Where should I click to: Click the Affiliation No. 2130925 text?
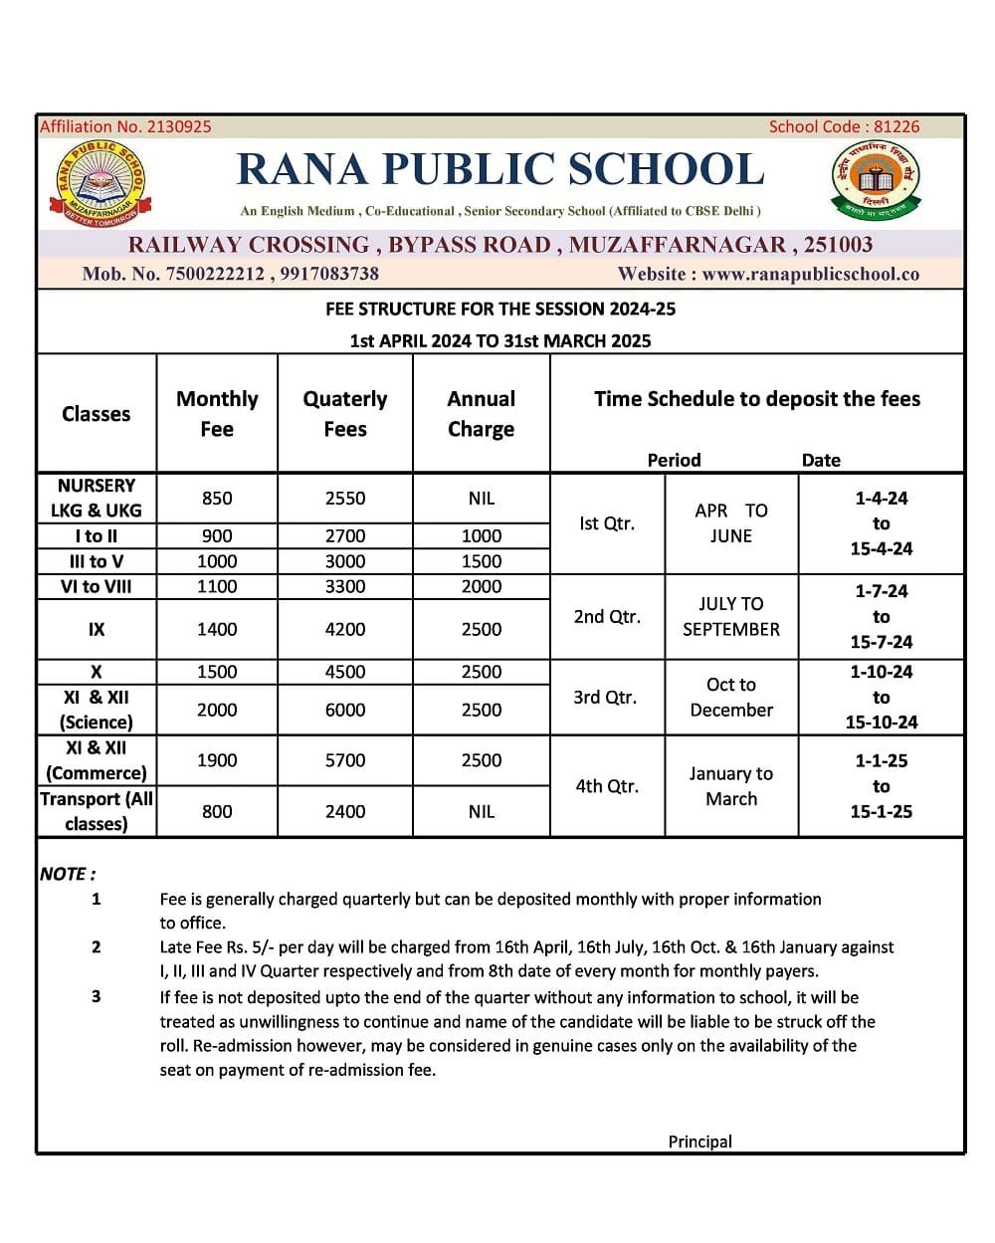125,126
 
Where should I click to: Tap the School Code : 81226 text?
844,126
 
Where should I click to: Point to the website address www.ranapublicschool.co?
810,274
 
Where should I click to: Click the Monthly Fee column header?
217,413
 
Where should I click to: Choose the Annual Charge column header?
481,413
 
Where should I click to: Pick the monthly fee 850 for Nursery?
217,498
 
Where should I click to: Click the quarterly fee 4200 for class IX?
345,629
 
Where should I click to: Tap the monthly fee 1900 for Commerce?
217,760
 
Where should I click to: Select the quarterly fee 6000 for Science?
345,710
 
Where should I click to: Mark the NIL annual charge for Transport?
481,811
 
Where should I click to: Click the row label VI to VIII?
96,586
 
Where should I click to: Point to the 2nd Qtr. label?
607,616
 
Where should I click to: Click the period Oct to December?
731,697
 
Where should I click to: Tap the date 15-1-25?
881,811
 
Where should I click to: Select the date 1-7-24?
881,591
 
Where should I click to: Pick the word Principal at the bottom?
699,1141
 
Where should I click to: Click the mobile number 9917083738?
329,274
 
